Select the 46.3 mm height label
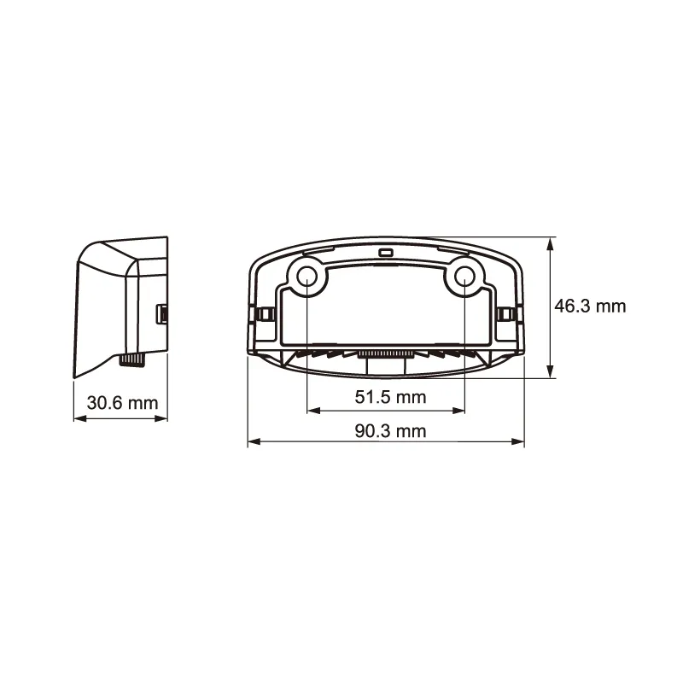[590, 306]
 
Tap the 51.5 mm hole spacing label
[389, 397]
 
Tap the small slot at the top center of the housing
[386, 254]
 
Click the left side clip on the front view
[261, 315]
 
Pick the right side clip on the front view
[510, 315]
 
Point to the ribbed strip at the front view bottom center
[385, 353]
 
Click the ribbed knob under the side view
[132, 361]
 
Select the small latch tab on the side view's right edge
[161, 314]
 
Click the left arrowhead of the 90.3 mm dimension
[253, 442]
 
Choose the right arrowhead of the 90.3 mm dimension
[520, 442]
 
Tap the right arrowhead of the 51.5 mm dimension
[460, 412]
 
